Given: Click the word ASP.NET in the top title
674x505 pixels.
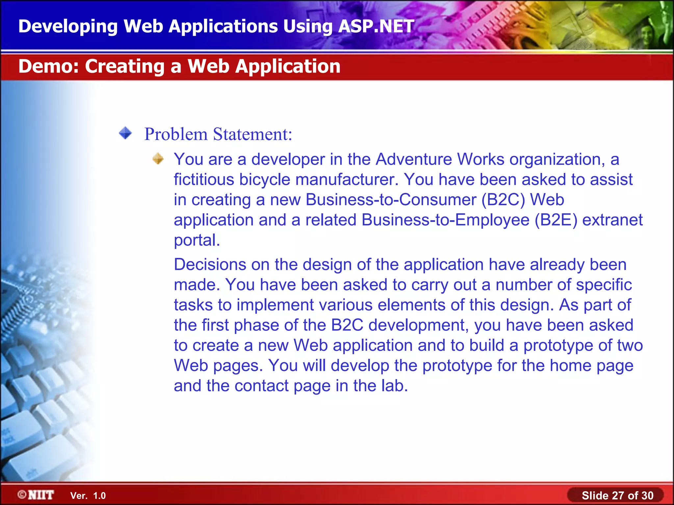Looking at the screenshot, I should [376, 26].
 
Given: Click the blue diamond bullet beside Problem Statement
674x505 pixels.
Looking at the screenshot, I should [125, 133].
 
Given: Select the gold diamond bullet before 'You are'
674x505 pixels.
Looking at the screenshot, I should [158, 158].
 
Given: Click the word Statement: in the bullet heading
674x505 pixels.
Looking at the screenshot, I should [252, 134].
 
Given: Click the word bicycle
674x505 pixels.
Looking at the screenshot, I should [265, 180].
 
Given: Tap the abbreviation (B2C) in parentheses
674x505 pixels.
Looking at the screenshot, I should [503, 200].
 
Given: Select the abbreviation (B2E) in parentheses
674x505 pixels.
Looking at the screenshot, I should [556, 220].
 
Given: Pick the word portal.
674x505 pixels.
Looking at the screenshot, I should [196, 240].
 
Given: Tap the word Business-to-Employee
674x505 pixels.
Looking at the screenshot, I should [445, 220].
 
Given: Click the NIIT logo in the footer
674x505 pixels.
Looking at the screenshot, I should [36, 495].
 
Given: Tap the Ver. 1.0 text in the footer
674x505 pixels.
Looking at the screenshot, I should [88, 496].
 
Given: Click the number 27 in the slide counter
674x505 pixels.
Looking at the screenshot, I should [618, 495].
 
